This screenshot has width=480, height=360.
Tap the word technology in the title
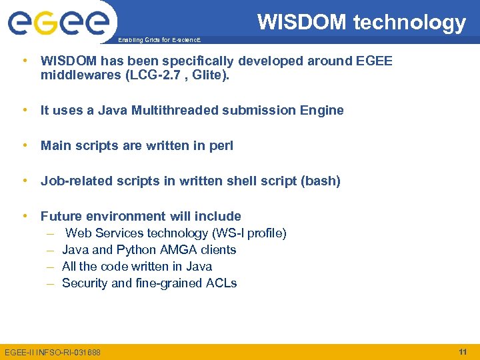pyautogui.click(x=409, y=23)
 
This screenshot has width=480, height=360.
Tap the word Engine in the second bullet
pyautogui.click(x=323, y=111)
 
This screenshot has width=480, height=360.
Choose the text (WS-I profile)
pyautogui.click(x=249, y=233)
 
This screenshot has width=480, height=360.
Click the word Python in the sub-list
pyautogui.click(x=136, y=250)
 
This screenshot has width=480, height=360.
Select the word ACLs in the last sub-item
pyautogui.click(x=221, y=283)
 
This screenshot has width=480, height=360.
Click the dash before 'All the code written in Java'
pyautogui.click(x=50, y=267)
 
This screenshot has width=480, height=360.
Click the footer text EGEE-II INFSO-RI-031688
pyautogui.click(x=53, y=352)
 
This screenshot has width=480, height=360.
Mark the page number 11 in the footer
pyautogui.click(x=462, y=351)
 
